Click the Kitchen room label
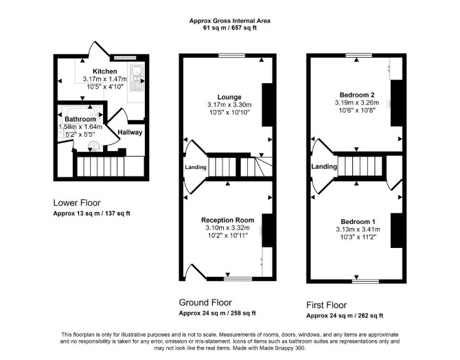point(105,71)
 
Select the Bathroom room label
point(80,120)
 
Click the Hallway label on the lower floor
point(130,133)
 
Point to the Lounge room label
point(229,97)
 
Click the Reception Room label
point(228,220)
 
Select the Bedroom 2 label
point(357,95)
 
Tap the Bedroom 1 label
point(358,222)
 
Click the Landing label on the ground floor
point(196,167)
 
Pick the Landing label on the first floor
point(324,166)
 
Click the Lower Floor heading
point(77,203)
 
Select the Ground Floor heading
point(205,302)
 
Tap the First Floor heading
point(327,305)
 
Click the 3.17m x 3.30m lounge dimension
point(229,104)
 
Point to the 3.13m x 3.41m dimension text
point(358,229)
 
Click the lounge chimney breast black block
point(267,105)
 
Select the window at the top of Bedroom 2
point(359,55)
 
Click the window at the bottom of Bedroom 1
point(365,281)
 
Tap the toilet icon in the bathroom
point(95,146)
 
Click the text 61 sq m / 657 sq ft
point(230,28)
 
